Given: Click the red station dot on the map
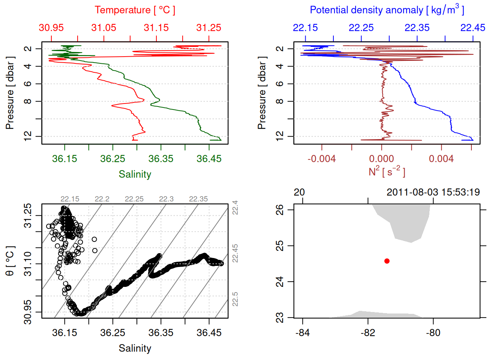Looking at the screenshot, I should pos(387,261).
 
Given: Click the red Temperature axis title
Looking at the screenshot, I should pos(135,10).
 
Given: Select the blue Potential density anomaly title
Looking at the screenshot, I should pos(387,10).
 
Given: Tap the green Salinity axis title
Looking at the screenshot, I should pos(135,174).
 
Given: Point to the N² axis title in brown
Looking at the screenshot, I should pos(387,171).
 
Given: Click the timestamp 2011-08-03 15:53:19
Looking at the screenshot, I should pos(433,192).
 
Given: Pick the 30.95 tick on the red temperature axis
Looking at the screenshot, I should pos(51,28).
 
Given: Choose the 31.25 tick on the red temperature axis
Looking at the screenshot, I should pos(209,28).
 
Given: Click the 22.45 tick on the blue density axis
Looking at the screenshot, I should pos(472,28).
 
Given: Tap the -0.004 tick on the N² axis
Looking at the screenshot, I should pos(322,159).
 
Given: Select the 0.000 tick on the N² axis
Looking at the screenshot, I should pos(381,159).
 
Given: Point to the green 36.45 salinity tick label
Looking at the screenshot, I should pos(209,159).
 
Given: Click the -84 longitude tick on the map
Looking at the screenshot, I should pos(303,333).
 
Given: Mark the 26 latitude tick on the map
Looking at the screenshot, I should pos(280,210).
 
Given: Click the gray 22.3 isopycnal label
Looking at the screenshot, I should pos(166,199).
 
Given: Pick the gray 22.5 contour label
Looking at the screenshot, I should pos(235,299).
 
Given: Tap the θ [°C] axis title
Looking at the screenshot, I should pos(10,261).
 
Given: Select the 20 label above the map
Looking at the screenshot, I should pos(299,192).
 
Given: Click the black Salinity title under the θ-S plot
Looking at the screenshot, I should pos(135,348).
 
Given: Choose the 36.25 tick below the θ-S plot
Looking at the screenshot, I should pos(112,333).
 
